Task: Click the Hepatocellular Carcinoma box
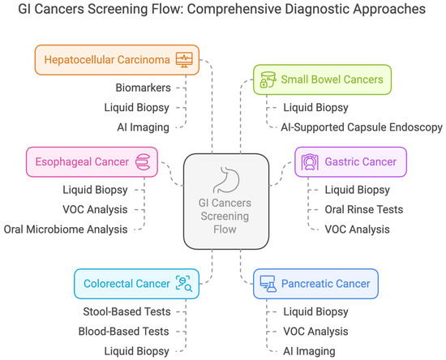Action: pos(118,59)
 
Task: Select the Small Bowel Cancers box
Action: pos(322,79)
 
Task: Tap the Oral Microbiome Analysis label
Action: pos(66,229)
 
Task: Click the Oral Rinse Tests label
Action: pos(351,208)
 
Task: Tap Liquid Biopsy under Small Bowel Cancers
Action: pos(315,106)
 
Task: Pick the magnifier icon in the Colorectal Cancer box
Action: pos(184,283)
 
